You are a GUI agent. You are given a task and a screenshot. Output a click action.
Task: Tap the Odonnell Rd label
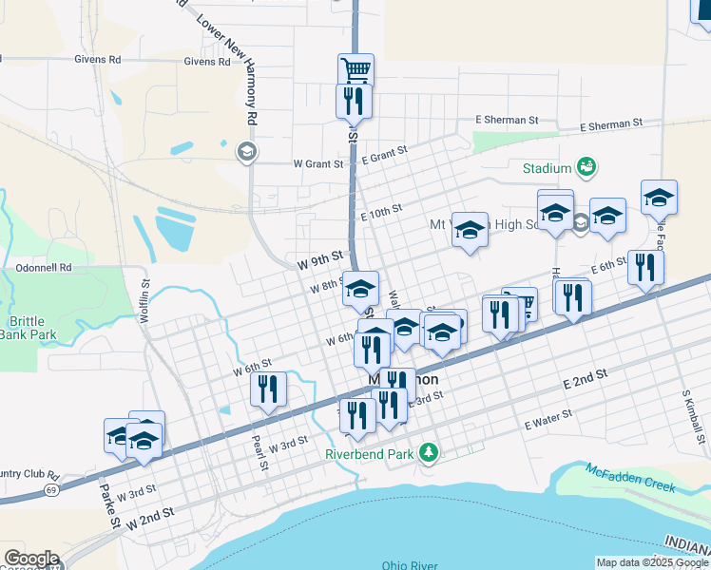(x=45, y=268)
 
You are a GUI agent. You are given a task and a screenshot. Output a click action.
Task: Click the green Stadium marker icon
(x=586, y=168)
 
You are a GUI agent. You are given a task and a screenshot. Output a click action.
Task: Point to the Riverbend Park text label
(x=370, y=454)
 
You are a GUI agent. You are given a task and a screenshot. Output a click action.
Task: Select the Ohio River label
(x=411, y=564)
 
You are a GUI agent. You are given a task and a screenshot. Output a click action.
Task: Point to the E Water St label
(x=546, y=419)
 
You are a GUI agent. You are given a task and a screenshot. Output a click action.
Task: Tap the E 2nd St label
(x=585, y=381)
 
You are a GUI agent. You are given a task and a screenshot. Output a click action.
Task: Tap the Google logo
(x=31, y=558)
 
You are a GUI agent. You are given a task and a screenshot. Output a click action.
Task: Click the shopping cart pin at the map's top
(x=355, y=68)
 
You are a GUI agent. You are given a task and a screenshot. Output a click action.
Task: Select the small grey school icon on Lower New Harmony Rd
(x=246, y=151)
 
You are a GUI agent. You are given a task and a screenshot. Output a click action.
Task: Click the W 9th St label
(x=318, y=258)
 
